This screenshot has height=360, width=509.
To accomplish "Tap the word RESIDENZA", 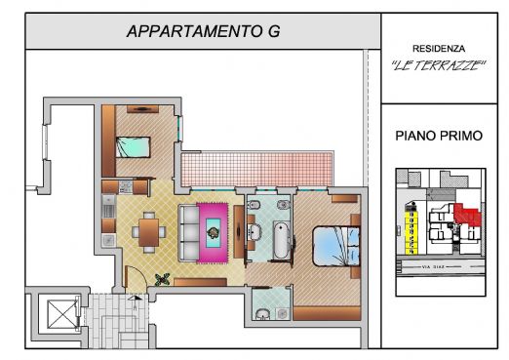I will (438, 48).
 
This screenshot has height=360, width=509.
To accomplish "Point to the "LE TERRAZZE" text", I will (438, 66).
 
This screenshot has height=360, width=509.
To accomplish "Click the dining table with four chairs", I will (147, 231).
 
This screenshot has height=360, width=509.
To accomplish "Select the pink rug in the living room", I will (214, 232).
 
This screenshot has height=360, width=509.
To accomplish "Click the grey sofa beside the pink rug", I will (186, 230).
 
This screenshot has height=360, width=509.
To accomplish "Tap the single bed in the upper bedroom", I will (133, 147).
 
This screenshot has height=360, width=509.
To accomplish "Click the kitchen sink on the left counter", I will (108, 206).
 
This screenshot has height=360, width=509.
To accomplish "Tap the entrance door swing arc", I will (137, 283).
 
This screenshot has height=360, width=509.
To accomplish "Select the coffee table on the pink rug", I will (214, 231).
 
